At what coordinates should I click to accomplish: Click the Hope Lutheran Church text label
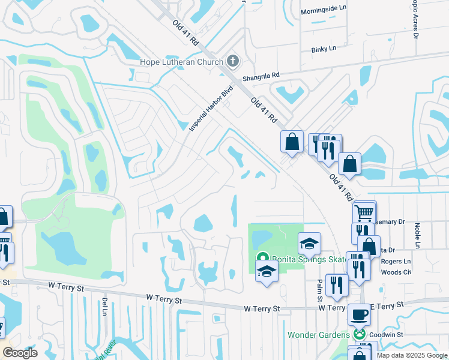181,62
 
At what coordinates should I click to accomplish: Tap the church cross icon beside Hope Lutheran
233,61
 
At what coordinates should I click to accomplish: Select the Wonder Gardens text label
318,334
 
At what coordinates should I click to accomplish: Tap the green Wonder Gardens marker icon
360,334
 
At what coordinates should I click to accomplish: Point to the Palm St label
320,291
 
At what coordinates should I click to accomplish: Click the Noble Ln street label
417,235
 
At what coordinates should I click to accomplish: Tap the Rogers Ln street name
397,261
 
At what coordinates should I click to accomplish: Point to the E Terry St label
390,306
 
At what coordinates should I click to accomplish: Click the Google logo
20,353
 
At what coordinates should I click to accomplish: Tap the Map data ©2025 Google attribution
411,355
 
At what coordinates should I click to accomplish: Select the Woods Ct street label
398,272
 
